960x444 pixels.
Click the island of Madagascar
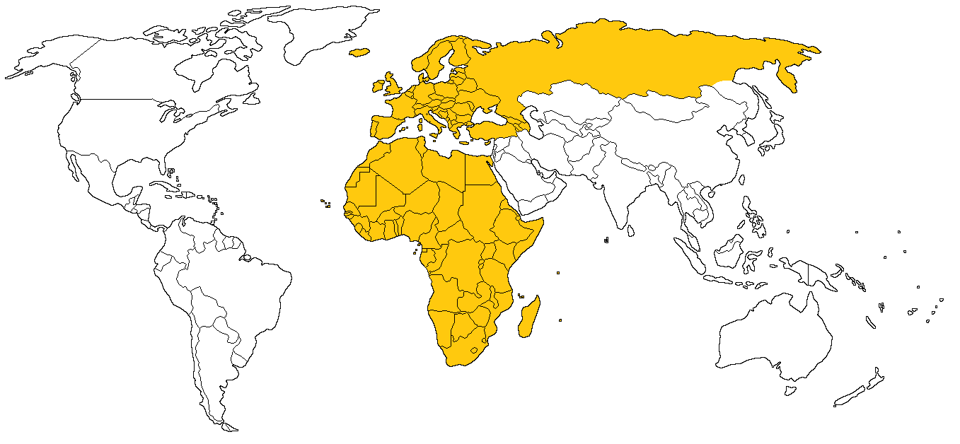(528, 319)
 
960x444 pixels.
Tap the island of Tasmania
(791, 390)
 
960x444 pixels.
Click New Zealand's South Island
(849, 397)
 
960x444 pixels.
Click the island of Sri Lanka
(628, 228)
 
